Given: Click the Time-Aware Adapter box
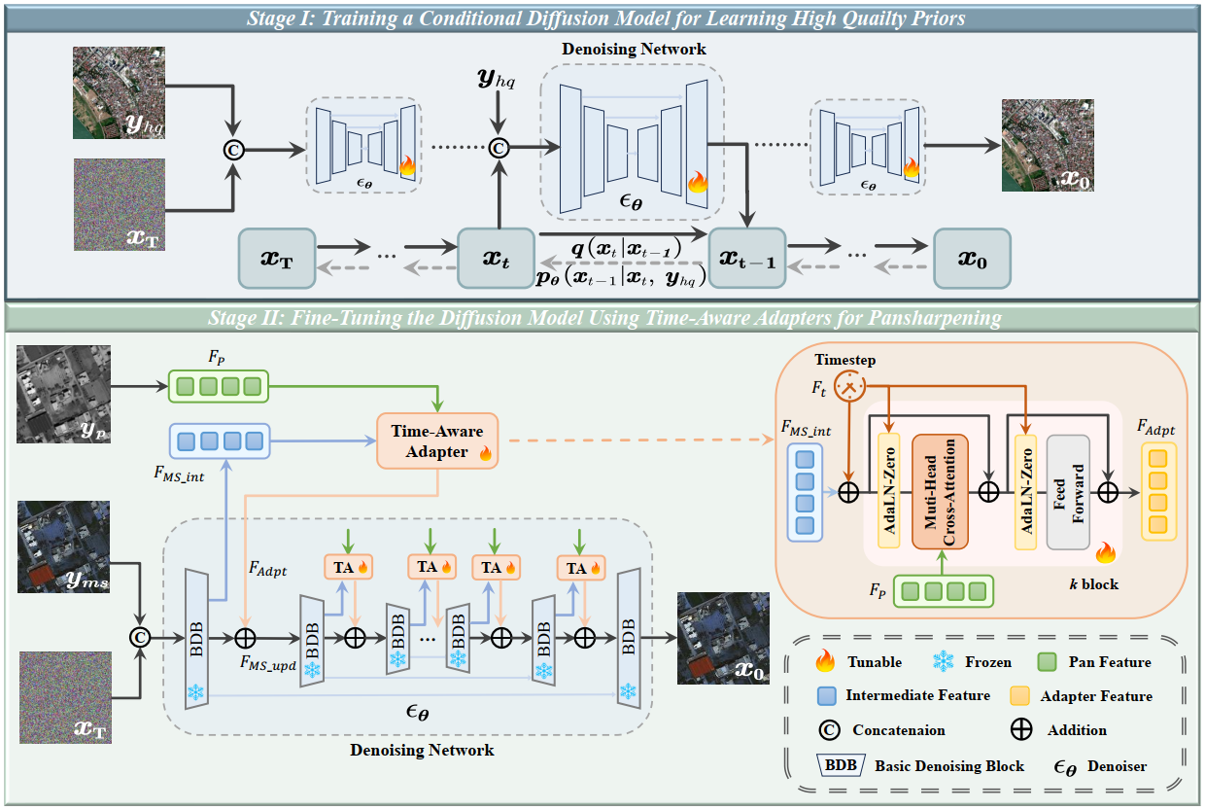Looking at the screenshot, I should tap(437, 440).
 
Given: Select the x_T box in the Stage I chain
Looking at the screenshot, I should tap(277, 259).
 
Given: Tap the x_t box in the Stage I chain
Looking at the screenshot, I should tap(497, 259).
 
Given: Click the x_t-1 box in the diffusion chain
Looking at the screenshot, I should tap(747, 259).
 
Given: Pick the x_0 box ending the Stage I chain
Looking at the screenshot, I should tap(972, 259).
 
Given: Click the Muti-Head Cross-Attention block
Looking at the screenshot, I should tap(939, 491).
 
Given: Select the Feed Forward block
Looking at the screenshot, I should tap(1068, 491).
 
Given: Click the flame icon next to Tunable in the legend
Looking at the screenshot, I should tap(826, 662).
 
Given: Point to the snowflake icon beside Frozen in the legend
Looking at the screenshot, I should tap(943, 662).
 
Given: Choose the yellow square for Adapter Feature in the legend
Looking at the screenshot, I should tap(1020, 696).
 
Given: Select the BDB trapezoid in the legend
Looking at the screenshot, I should tap(841, 765).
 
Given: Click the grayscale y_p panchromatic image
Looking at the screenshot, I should tap(63, 393).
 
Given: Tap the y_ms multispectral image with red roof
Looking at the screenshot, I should tap(63, 546).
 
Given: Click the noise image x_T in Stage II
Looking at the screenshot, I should tap(63, 698).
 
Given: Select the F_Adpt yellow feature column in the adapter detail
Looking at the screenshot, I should tap(1156, 491).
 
